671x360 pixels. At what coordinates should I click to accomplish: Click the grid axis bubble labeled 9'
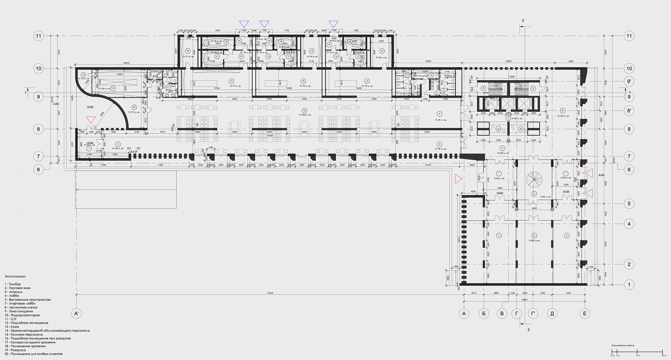click(x=629, y=81)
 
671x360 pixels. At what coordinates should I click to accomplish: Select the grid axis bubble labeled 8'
click(x=629, y=111)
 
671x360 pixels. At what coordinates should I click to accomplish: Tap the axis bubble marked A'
click(x=77, y=314)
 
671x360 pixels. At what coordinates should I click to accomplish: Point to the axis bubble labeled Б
click(x=484, y=314)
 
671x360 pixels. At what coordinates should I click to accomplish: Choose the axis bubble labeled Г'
click(x=533, y=314)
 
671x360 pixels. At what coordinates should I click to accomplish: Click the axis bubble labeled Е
click(x=585, y=314)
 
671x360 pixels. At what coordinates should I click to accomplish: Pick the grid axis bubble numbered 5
click(x=629, y=203)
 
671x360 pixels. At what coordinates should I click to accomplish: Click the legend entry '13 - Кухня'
click(x=12, y=327)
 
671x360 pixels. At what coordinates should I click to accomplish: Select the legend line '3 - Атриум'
click(x=14, y=292)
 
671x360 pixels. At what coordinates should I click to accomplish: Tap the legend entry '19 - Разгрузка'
click(x=15, y=350)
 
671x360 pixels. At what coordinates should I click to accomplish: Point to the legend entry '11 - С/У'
click(x=10, y=319)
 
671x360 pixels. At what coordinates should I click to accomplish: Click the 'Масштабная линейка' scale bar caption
click(x=623, y=345)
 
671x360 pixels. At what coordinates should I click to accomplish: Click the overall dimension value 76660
click(x=270, y=293)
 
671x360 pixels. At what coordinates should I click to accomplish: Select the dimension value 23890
click(x=524, y=300)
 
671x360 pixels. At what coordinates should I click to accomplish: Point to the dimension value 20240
click(x=126, y=63)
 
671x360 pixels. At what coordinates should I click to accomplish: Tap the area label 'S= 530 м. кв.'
click(x=304, y=115)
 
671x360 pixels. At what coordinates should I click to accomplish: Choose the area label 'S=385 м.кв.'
click(x=534, y=240)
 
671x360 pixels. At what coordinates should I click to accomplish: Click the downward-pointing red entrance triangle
click(x=91, y=120)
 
